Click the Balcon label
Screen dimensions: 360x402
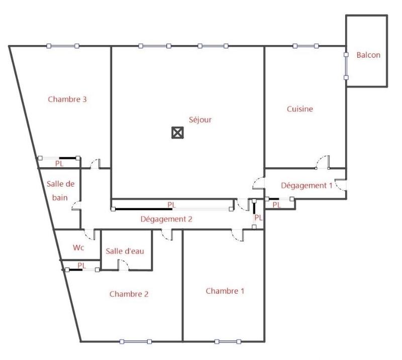pyautogui.click(x=368, y=55)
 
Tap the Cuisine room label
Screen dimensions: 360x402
pyautogui.click(x=300, y=108)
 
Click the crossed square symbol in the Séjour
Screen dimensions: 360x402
pyautogui.click(x=177, y=133)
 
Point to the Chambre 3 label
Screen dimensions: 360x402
pyautogui.click(x=67, y=99)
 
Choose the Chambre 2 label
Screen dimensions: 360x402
pyautogui.click(x=129, y=294)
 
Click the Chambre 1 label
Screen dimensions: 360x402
pyautogui.click(x=225, y=291)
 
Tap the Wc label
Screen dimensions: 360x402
pyautogui.click(x=78, y=248)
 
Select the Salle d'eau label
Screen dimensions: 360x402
pyautogui.click(x=125, y=251)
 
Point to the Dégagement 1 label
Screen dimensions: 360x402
pyautogui.click(x=307, y=185)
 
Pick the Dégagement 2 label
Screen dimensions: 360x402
pyautogui.click(x=166, y=219)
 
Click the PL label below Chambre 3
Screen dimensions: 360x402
pyautogui.click(x=59, y=163)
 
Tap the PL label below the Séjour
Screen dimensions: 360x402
pyautogui.click(x=171, y=205)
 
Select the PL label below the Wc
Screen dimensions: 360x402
pyautogui.click(x=82, y=265)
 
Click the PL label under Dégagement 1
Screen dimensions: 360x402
pyautogui.click(x=276, y=204)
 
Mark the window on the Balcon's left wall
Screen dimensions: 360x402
pyautogui.click(x=346, y=66)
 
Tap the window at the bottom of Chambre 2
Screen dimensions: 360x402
pyautogui.click(x=135, y=342)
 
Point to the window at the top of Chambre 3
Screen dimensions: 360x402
pyautogui.click(x=63, y=46)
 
